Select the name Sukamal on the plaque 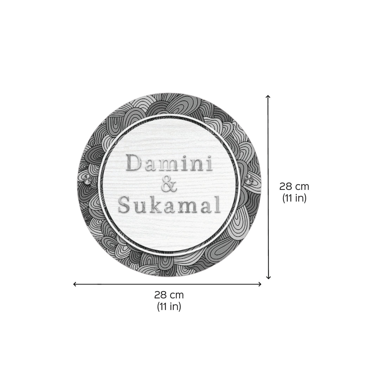point(169,205)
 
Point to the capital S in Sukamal point(125,205)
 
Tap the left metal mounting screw point(88,180)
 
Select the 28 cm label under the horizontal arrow point(169,295)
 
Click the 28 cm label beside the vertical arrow point(294,187)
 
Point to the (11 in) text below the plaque point(169,307)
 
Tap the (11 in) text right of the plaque point(294,198)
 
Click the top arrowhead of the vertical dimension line point(268,96)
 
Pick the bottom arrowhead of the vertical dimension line point(268,278)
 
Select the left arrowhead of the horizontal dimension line point(75,284)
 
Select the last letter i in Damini point(208,163)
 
